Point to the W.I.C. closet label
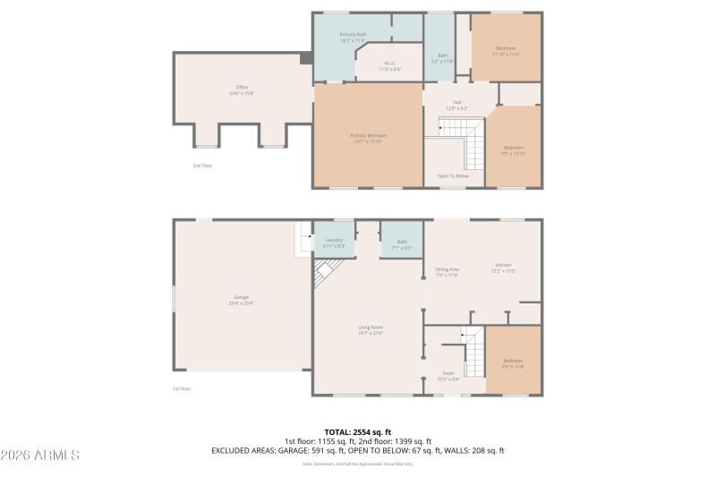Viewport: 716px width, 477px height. (x=389, y=65)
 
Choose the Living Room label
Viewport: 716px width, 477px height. (x=371, y=330)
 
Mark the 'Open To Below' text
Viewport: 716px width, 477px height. (x=453, y=175)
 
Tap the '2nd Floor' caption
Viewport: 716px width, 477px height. (x=202, y=166)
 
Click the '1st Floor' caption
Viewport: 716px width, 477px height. (x=182, y=388)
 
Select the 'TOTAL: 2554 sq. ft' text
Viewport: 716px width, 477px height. (x=357, y=431)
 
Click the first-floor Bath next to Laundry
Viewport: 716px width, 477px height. (x=401, y=242)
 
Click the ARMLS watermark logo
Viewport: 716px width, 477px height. (x=41, y=455)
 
